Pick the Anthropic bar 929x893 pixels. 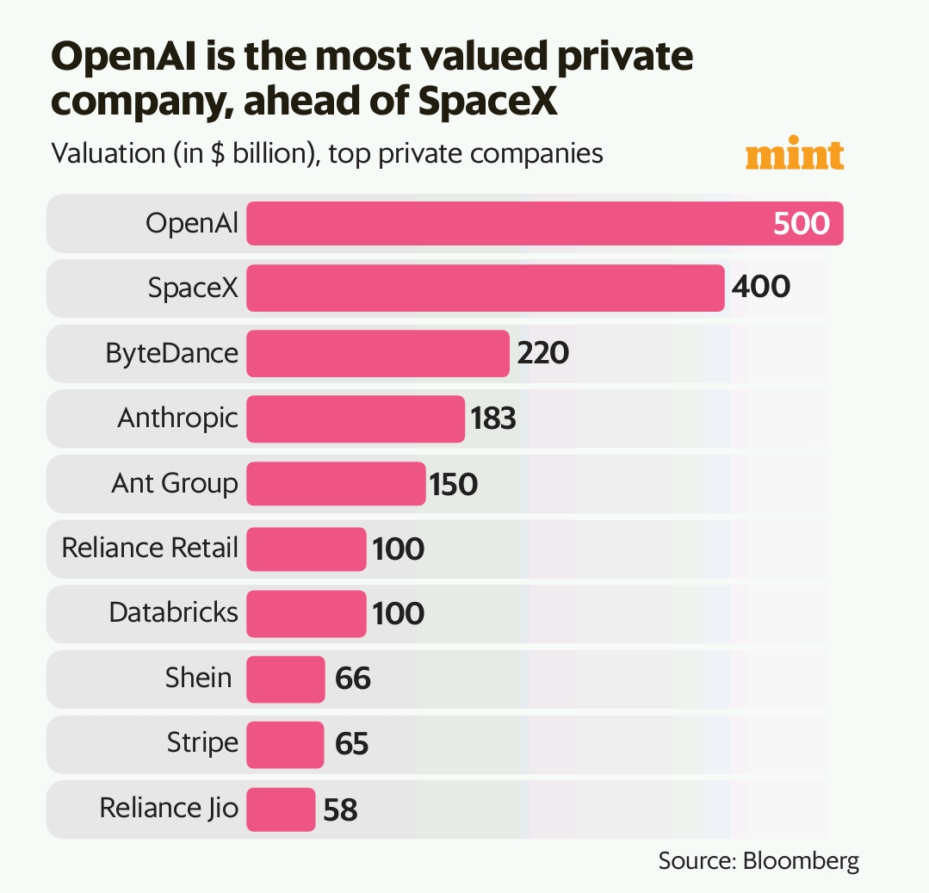356,419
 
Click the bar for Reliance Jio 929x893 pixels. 281,809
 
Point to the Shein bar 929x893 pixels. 286,679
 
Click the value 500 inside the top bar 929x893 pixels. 801,224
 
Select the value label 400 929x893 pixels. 759,288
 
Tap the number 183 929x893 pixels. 493,419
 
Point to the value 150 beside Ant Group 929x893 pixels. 454,484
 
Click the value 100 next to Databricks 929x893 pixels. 398,614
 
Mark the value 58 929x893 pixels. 339,809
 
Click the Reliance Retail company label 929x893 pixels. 150,548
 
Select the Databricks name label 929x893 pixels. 173,613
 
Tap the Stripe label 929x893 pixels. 202,743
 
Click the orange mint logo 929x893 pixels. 794,155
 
